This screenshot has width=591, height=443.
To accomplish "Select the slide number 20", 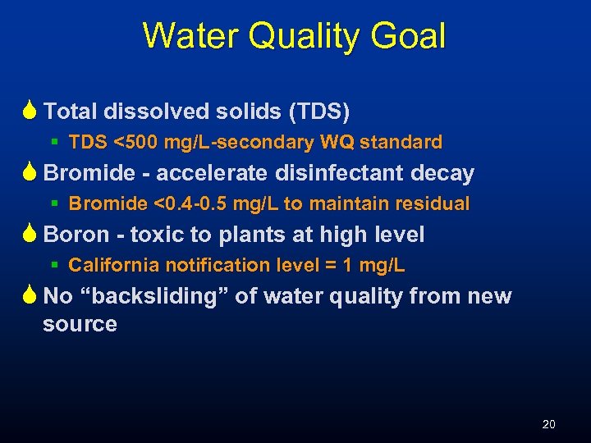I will [x=548, y=424].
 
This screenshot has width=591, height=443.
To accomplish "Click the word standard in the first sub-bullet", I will [x=401, y=143].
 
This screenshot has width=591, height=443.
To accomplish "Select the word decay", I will [x=444, y=173].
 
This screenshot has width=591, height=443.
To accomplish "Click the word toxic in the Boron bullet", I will [x=158, y=235].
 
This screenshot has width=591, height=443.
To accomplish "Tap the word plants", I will [x=250, y=235].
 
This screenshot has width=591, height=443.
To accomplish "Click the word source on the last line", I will [x=80, y=324].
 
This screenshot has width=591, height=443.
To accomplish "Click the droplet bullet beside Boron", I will [x=30, y=235].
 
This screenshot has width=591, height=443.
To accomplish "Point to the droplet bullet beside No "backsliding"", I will [x=30, y=296].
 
